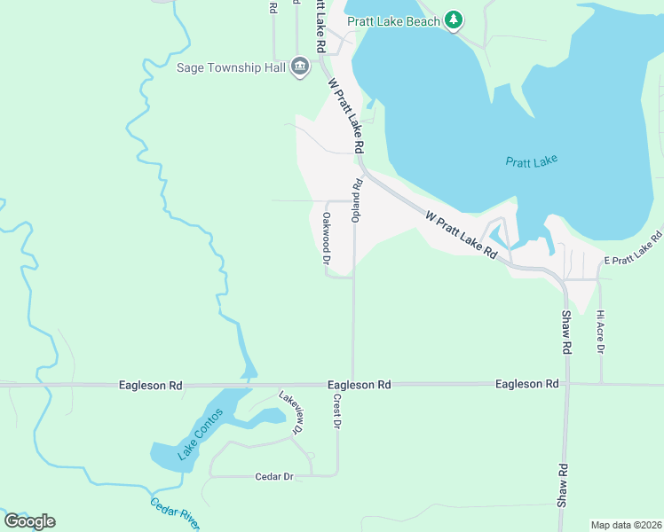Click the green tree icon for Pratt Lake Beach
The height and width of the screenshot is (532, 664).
tap(454, 20)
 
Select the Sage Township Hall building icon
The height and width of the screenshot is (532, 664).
tap(300, 67)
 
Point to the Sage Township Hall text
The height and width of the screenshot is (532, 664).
tap(232, 67)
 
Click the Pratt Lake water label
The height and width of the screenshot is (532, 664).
tap(531, 161)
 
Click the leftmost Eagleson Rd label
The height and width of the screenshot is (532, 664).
tap(150, 386)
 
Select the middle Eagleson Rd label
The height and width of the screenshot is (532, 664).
tap(359, 386)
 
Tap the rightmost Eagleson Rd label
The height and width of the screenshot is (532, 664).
tap(527, 384)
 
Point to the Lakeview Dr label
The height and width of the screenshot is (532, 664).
tap(291, 412)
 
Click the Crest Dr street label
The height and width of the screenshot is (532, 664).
tap(337, 412)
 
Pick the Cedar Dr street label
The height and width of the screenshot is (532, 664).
tap(274, 477)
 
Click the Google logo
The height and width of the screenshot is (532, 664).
tap(29, 521)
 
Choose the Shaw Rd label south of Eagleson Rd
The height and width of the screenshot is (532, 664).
tap(562, 486)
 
